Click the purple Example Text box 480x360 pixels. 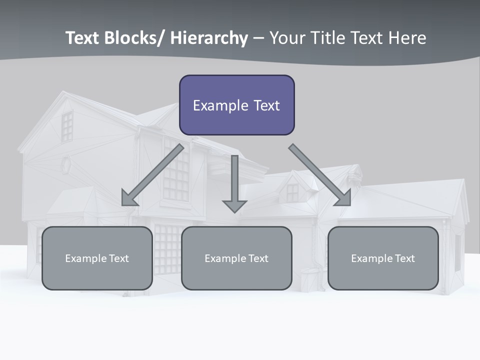tap(236, 105)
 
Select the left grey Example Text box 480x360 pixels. tap(97, 258)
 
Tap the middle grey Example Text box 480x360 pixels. tap(236, 258)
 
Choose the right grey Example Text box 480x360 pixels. tap(383, 258)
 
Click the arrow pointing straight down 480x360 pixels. tap(234, 182)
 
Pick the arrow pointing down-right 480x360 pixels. tap(320, 175)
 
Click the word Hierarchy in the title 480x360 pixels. tap(209, 38)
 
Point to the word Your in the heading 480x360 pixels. tap(286, 38)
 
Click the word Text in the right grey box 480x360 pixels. tap(404, 258)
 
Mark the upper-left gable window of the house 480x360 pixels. tap(67, 126)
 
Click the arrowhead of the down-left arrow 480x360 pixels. tap(129, 198)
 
